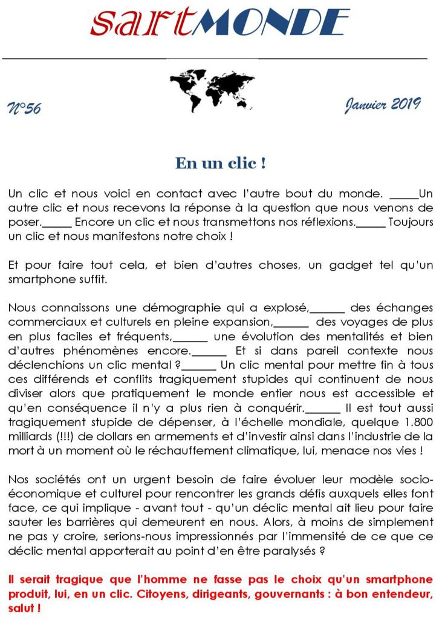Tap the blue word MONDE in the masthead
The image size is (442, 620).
click(275, 22)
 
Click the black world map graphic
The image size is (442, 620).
click(212, 90)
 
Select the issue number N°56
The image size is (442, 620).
click(24, 108)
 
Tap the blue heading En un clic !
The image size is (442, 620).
click(220, 163)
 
